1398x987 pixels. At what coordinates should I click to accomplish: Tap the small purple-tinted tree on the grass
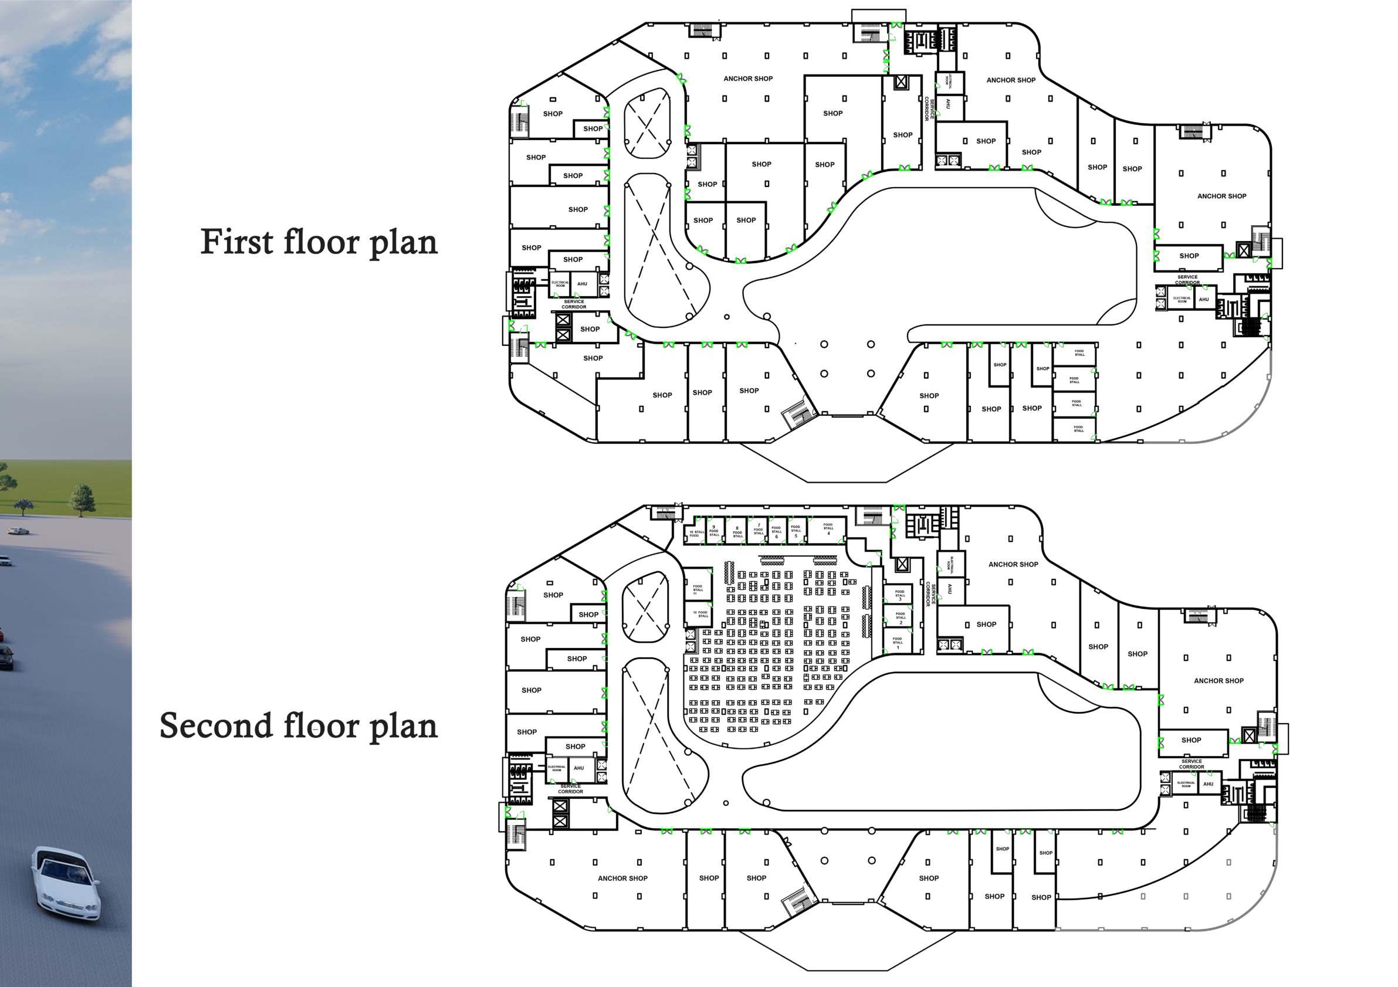tap(23, 506)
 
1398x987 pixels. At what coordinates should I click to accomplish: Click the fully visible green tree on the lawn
tap(83, 498)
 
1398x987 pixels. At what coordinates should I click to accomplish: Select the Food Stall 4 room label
tap(828, 528)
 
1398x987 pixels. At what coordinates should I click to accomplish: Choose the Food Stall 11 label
tap(698, 589)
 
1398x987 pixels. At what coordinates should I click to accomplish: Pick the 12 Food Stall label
tap(701, 614)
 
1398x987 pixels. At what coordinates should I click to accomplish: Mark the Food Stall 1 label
tap(898, 643)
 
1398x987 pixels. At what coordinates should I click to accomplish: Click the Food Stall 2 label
tap(901, 618)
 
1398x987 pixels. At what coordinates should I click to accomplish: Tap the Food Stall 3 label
tap(900, 595)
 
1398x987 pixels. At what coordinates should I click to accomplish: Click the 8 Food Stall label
tap(737, 532)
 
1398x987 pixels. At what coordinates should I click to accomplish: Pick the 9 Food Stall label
tap(714, 531)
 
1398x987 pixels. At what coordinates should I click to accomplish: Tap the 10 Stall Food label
tap(696, 533)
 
